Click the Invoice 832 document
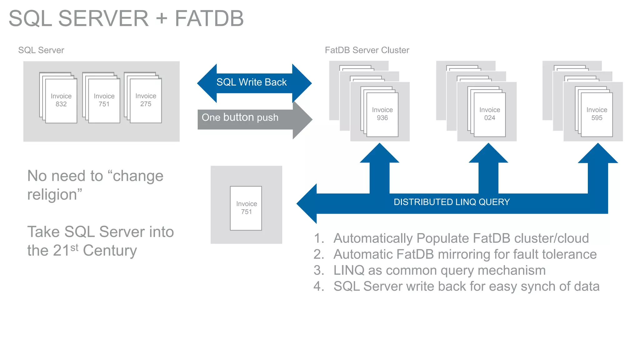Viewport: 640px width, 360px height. point(61,100)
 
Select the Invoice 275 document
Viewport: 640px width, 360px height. point(146,100)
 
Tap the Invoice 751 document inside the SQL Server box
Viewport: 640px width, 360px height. point(104,100)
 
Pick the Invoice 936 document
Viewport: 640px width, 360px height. point(382,114)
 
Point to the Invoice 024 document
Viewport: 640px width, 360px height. point(490,114)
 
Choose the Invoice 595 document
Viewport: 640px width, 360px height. point(597,114)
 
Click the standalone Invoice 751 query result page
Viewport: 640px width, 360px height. point(246,208)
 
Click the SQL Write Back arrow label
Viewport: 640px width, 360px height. point(251,82)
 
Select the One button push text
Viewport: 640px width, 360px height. point(240,117)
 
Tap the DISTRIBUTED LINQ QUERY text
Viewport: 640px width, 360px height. point(452,202)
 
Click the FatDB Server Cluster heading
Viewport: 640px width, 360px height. point(367,50)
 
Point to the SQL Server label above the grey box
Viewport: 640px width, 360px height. point(41,50)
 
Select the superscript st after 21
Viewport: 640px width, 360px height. point(74,247)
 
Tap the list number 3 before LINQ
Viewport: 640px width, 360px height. point(318,271)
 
